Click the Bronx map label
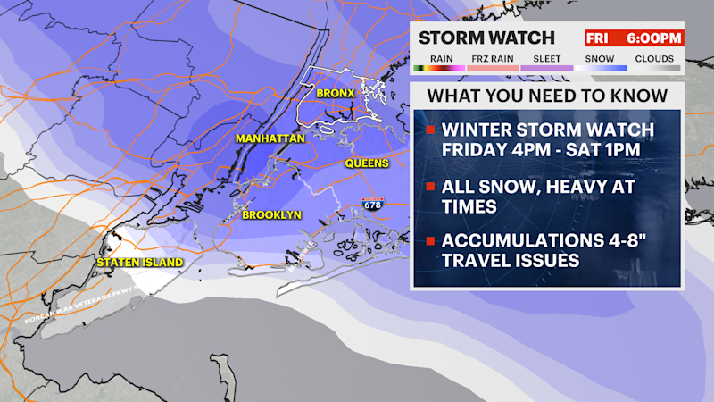[x=336, y=93]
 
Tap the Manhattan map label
[x=270, y=138]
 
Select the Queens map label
[x=367, y=163]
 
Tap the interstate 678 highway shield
[x=370, y=205]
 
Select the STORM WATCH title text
[x=487, y=38]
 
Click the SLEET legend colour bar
[x=547, y=68]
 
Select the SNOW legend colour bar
[x=602, y=68]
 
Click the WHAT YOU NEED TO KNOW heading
[x=547, y=96]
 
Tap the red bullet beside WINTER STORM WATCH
[x=431, y=130]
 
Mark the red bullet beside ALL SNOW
[x=431, y=187]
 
